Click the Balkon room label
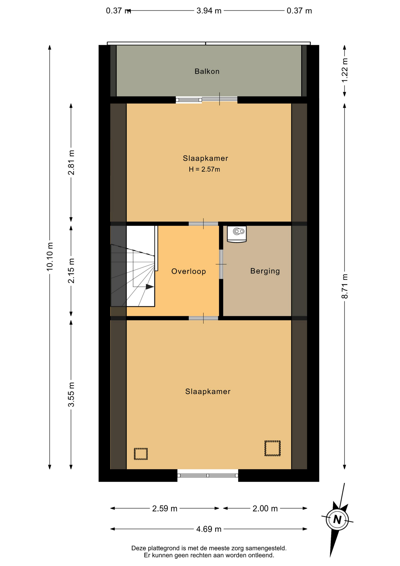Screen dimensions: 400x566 (x=207, y=71)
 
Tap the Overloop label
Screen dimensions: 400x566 (x=189, y=271)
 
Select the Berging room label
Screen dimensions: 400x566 (x=265, y=271)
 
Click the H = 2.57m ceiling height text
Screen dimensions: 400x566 (x=204, y=170)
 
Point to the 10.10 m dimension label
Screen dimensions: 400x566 (x=49, y=256)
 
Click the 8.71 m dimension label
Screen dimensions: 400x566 (x=345, y=286)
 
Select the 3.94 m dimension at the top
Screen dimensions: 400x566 (x=209, y=11)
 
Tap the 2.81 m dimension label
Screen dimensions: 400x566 (x=71, y=162)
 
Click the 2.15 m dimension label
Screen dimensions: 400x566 (x=71, y=271)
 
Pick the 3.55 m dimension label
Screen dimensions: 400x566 (x=71, y=394)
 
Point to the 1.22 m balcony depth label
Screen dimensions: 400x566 (x=345, y=70)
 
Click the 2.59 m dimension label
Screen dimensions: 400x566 (x=165, y=509)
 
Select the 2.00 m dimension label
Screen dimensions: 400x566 (x=265, y=509)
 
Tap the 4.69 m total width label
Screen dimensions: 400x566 (x=209, y=529)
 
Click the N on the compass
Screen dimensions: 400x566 (x=337, y=519)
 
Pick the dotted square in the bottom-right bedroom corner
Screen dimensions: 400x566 (x=272, y=448)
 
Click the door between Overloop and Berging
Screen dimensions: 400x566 (x=221, y=264)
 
